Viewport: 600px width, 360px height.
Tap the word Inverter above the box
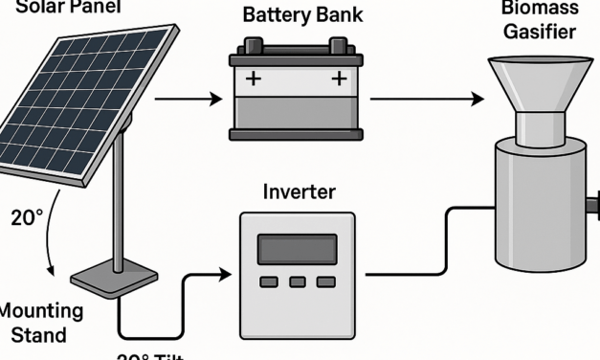pos(299,191)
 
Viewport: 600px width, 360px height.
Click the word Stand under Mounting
pos(40,335)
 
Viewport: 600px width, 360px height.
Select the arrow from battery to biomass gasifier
pos(427,98)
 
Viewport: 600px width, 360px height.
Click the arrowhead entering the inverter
pos(226,276)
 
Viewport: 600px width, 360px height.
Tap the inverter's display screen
pos(297,249)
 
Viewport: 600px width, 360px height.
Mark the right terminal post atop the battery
pos(338,46)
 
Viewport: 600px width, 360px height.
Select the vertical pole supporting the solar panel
pos(118,201)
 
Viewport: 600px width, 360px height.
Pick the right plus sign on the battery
pos(337,79)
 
